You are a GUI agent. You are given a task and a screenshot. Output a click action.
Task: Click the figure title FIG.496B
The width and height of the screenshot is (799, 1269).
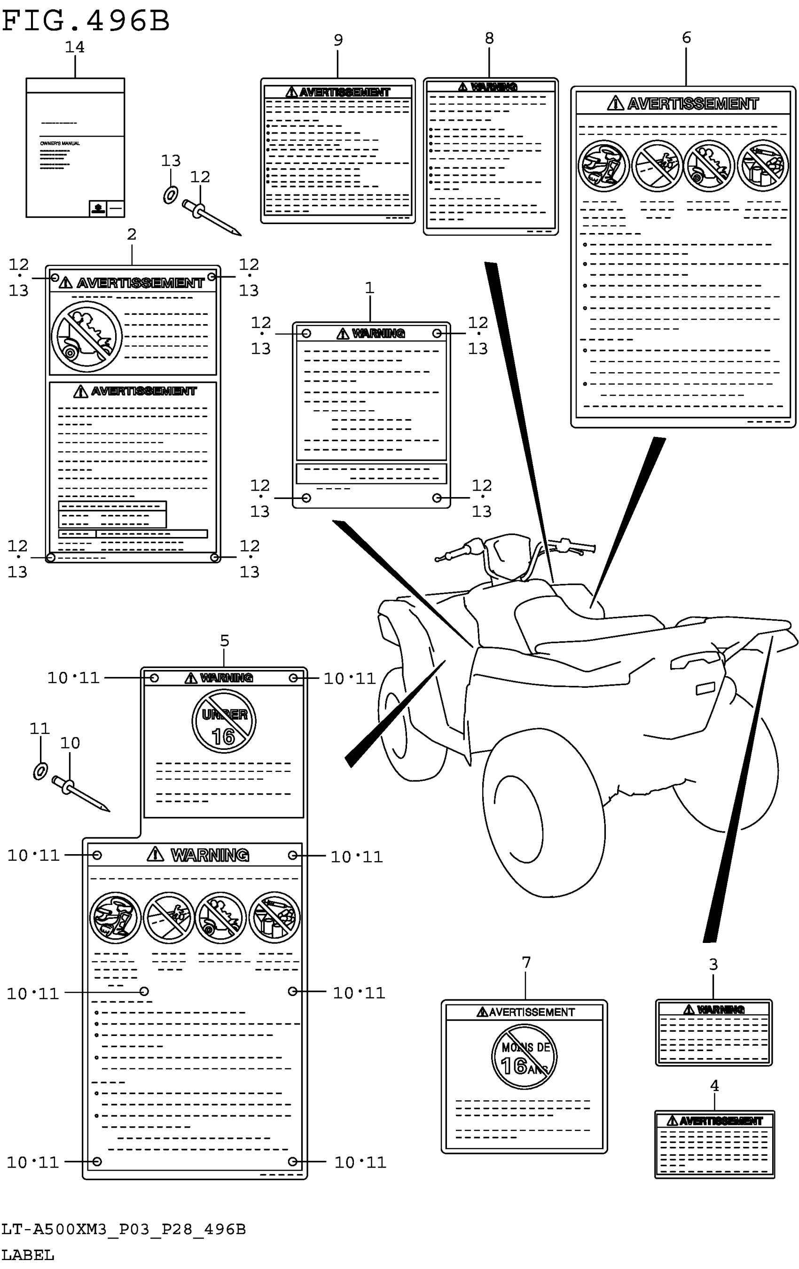click(x=86, y=21)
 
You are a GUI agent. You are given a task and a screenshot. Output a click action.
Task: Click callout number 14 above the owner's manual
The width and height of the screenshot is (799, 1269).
click(x=74, y=47)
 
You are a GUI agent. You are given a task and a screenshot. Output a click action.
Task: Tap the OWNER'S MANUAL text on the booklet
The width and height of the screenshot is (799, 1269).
click(x=60, y=143)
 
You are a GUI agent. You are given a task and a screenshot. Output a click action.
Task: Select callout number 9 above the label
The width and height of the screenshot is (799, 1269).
click(x=338, y=40)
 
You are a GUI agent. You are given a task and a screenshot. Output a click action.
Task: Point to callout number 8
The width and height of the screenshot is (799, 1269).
click(x=489, y=39)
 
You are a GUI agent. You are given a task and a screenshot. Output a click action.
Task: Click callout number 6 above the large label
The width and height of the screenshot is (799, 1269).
click(x=686, y=38)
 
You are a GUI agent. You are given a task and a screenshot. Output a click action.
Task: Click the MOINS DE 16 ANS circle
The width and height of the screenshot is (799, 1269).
click(x=524, y=1057)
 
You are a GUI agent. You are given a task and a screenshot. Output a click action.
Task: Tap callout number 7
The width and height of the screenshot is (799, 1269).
click(x=525, y=962)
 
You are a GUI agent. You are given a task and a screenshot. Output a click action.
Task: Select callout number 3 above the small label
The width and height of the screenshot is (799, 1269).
click(x=713, y=965)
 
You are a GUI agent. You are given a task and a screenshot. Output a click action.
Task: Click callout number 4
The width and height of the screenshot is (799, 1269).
click(x=714, y=1086)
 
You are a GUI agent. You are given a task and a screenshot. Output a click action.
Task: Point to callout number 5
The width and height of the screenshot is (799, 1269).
click(x=225, y=641)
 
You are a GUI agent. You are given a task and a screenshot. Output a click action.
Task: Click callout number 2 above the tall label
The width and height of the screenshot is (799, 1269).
click(x=132, y=234)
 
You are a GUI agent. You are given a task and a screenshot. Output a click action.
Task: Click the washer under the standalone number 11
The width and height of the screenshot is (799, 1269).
click(x=40, y=771)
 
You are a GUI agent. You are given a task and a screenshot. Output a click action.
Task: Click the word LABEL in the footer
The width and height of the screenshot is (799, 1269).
click(x=28, y=1255)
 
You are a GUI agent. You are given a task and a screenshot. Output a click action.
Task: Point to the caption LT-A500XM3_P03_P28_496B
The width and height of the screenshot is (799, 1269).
click(x=123, y=1230)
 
